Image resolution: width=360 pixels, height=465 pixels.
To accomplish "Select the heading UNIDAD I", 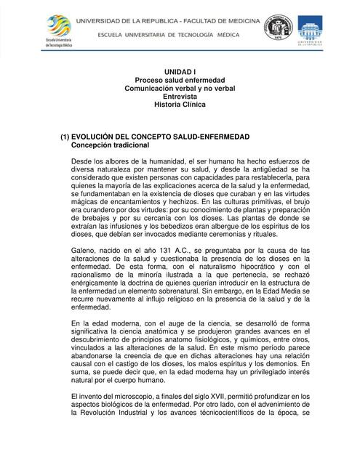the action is point(180,70).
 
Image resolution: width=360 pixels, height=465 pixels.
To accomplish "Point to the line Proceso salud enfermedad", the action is point(180,79).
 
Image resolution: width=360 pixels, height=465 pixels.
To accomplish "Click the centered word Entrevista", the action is point(180,96).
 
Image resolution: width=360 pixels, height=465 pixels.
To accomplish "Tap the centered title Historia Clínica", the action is point(180,105).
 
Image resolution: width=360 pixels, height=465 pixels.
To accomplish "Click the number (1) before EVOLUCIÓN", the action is point(65,137).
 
